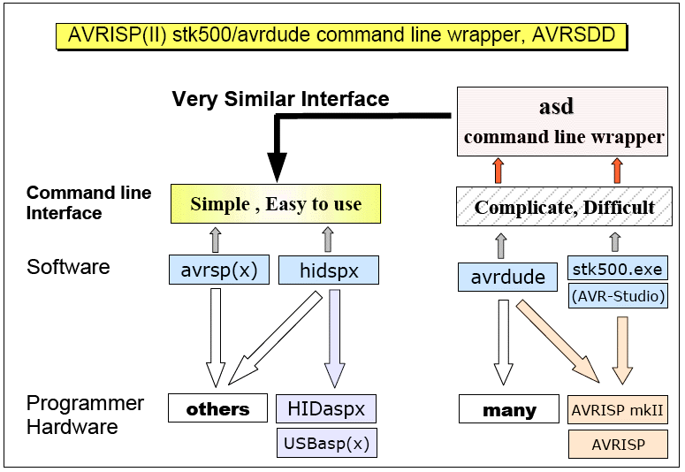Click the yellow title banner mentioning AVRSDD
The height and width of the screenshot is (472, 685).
pyautogui.click(x=341, y=35)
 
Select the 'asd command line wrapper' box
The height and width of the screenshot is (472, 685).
pyautogui.click(x=562, y=121)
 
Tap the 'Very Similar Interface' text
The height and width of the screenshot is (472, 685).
pyautogui.click(x=280, y=99)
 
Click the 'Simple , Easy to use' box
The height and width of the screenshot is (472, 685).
pyautogui.click(x=276, y=204)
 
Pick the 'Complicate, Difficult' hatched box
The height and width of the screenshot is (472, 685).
pyautogui.click(x=564, y=208)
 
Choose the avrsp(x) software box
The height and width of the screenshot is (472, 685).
pyautogui.click(x=217, y=270)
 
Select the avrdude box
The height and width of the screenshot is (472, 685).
pyautogui.click(x=507, y=277)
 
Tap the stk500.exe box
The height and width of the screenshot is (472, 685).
pyautogui.click(x=617, y=268)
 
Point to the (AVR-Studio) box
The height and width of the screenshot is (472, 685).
pyautogui.click(x=617, y=296)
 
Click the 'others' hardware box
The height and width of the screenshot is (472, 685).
pyautogui.click(x=217, y=408)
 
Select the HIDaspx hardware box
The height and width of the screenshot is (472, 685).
pyautogui.click(x=326, y=408)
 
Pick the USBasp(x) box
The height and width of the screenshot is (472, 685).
pyautogui.click(x=326, y=442)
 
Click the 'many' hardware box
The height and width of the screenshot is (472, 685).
pyautogui.click(x=509, y=410)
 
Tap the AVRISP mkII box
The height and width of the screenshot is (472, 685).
pyautogui.click(x=617, y=410)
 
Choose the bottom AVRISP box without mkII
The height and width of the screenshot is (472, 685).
pyautogui.click(x=617, y=444)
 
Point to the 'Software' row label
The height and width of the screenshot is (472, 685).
pyautogui.click(x=68, y=267)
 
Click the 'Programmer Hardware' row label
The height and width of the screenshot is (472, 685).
pyautogui.click(x=72, y=415)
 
